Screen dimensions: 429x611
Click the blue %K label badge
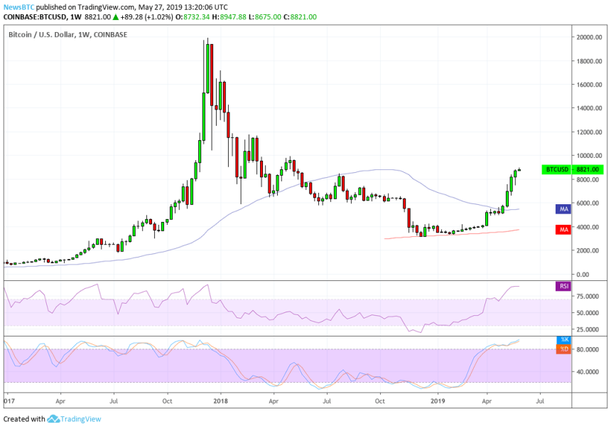tap(563, 340)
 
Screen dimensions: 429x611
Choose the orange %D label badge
tap(563, 349)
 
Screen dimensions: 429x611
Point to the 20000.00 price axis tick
tap(585, 37)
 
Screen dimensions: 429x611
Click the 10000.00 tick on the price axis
tap(585, 156)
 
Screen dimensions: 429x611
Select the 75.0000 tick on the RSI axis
tap(586, 295)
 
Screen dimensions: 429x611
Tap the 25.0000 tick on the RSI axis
tap(586, 329)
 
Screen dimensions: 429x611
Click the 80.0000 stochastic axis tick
tap(586, 349)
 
